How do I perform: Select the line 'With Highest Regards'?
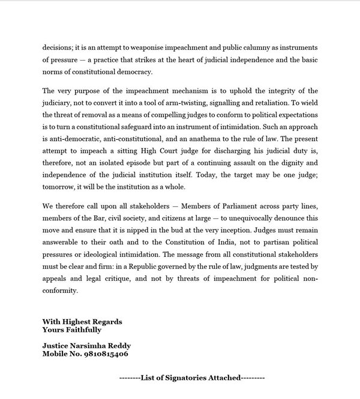click(x=82, y=322)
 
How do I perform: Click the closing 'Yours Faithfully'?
click(x=72, y=329)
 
